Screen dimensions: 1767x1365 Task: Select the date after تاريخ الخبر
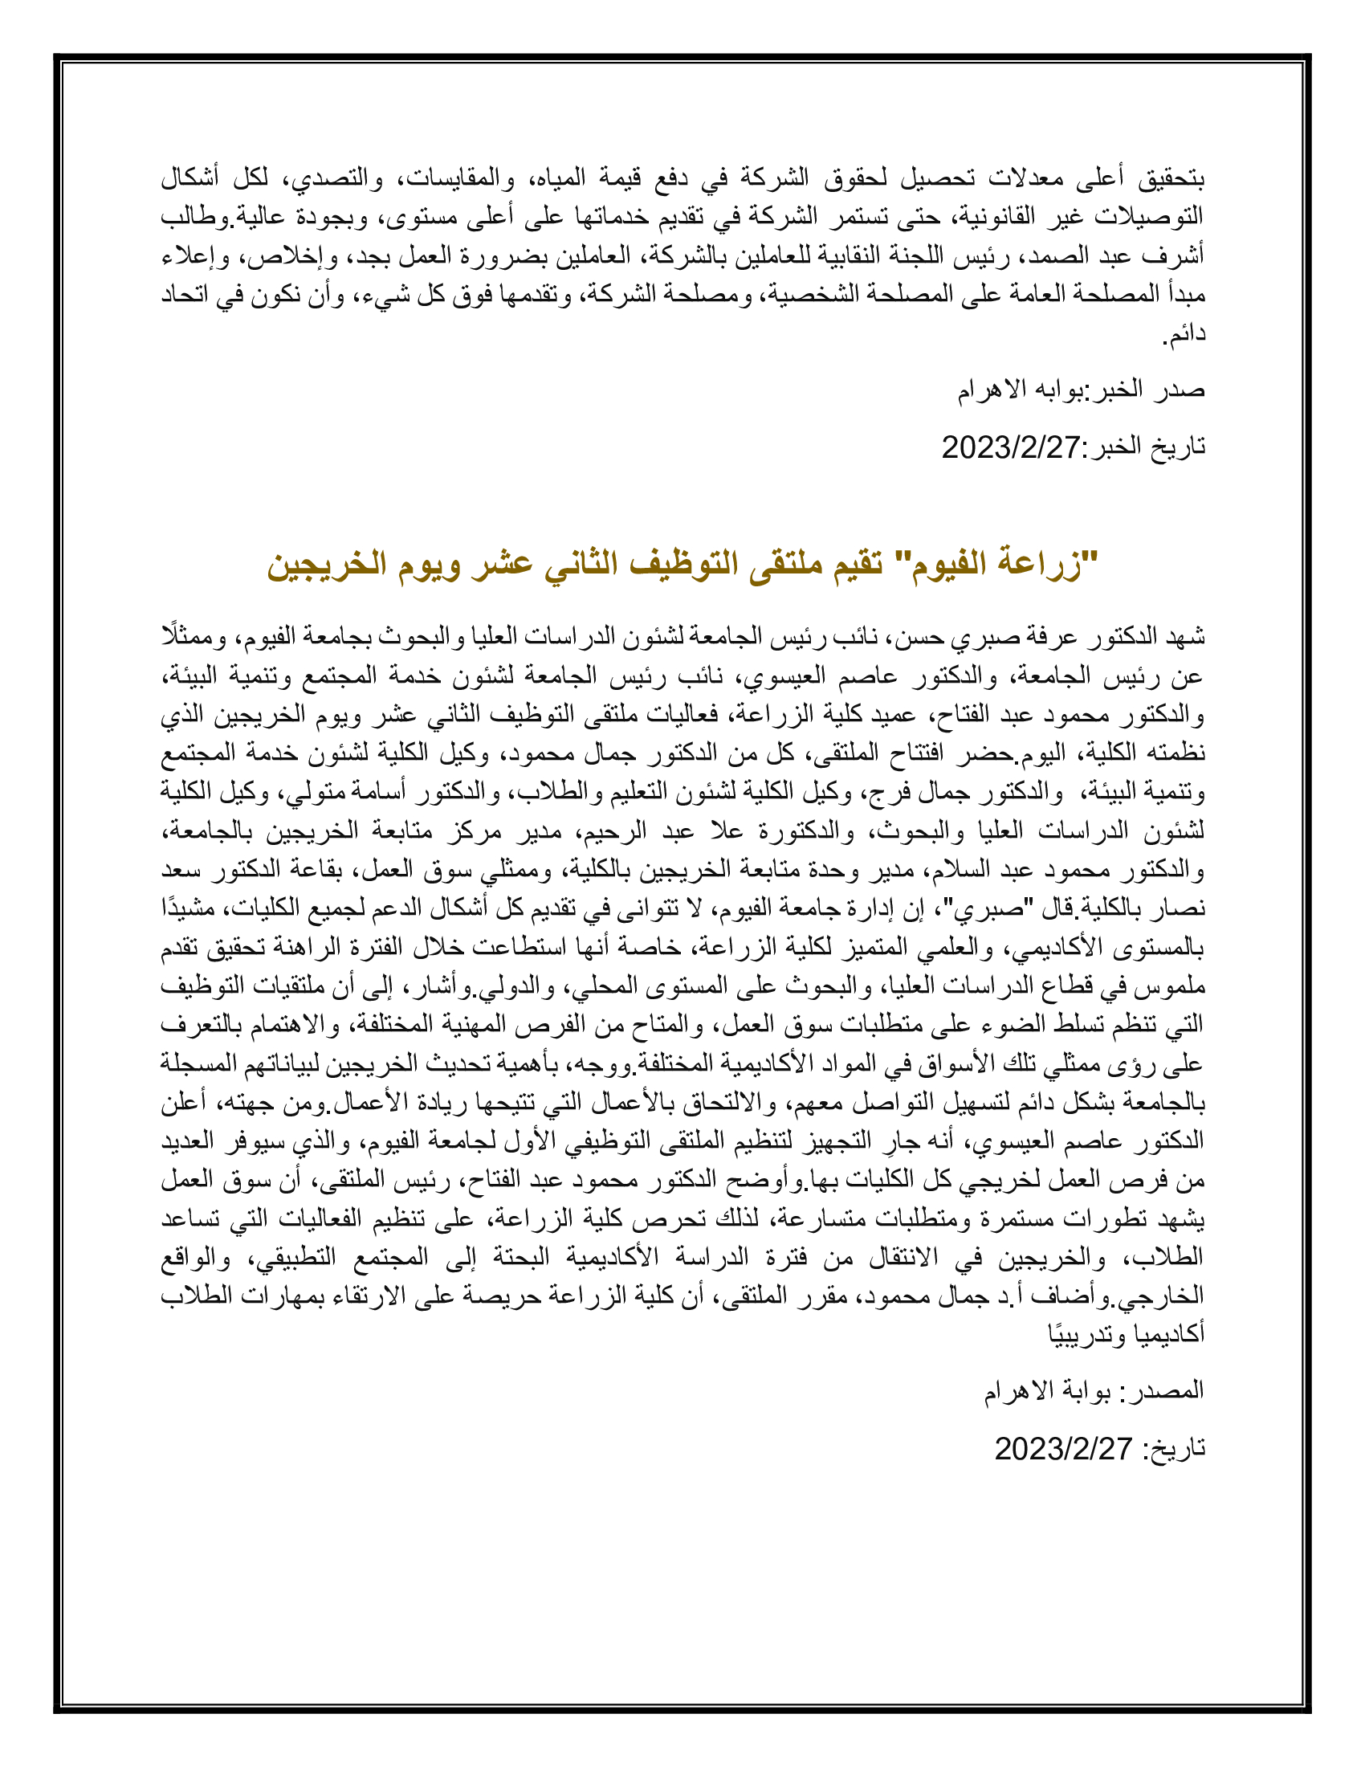1011,447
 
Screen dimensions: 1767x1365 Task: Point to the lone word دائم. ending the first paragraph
1184,333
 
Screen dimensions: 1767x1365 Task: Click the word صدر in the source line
1181,390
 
